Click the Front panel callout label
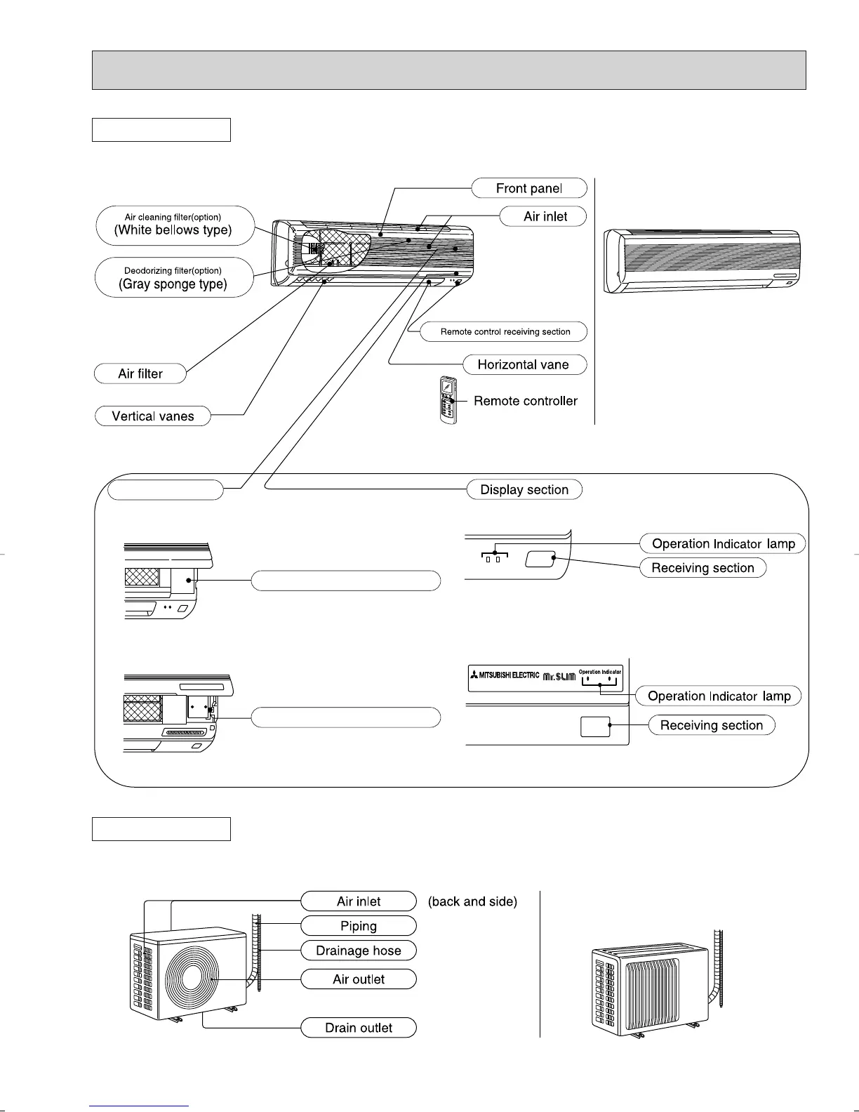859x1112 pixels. [528, 188]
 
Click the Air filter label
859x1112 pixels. [140, 373]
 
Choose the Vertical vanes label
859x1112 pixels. [152, 416]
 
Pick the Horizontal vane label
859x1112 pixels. [523, 364]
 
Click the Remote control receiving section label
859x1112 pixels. [505, 331]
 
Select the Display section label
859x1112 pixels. [524, 490]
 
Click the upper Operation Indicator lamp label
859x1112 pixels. [722, 543]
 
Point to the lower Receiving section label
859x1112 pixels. [711, 725]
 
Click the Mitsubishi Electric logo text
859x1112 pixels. [505, 675]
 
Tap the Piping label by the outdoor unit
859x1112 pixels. [359, 926]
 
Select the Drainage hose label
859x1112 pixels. [359, 951]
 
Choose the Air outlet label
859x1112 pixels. [359, 979]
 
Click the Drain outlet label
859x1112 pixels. [359, 1028]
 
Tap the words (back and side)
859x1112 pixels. [472, 901]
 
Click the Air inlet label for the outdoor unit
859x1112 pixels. [359, 901]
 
